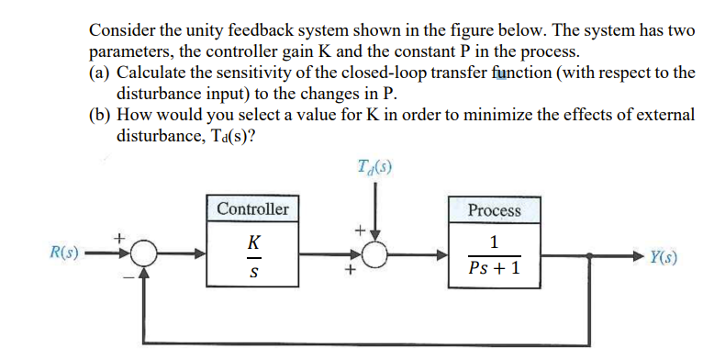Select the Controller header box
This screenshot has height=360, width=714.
pyautogui.click(x=252, y=208)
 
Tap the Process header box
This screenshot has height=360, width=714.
pyautogui.click(x=494, y=209)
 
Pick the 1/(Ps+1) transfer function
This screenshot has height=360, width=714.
pyautogui.click(x=494, y=257)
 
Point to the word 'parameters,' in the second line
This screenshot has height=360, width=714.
pyautogui.click(x=129, y=52)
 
